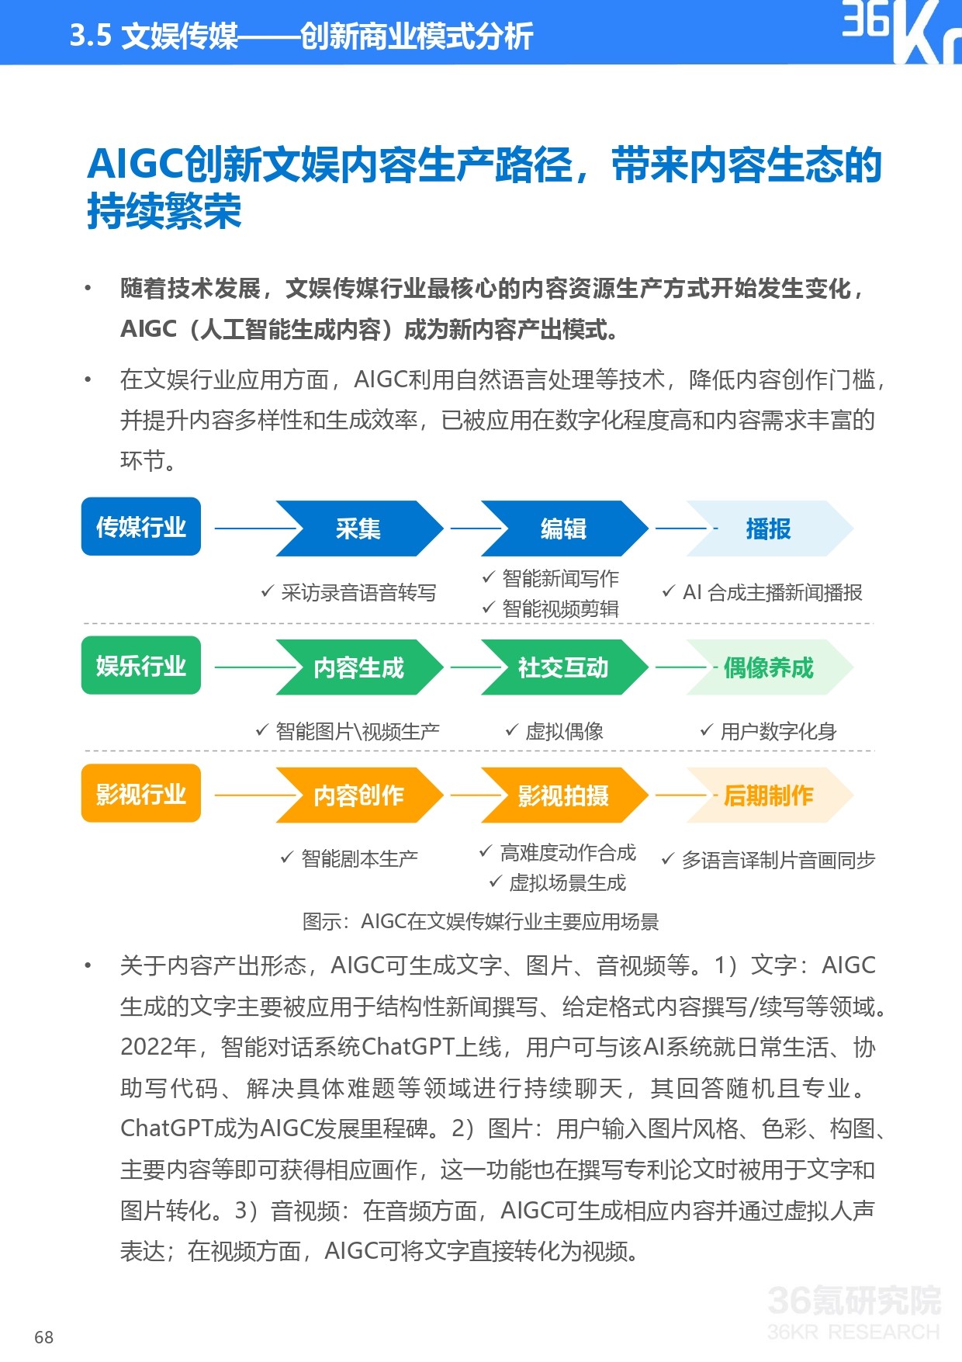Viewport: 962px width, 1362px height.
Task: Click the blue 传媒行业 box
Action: pos(140,527)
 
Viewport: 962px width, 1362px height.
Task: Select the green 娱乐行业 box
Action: pos(140,666)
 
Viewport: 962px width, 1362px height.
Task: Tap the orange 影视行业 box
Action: pos(140,794)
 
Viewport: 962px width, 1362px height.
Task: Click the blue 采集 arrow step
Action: pos(358,529)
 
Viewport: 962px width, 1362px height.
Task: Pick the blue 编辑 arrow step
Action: pos(563,529)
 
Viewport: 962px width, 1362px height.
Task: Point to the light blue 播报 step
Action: pos(768,529)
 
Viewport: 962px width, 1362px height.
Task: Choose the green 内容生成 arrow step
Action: pos(358,667)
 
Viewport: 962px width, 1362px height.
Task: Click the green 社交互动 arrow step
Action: pos(563,667)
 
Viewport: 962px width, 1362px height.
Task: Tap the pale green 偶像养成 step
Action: pos(768,667)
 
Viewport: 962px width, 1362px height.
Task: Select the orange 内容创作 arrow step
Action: pos(358,795)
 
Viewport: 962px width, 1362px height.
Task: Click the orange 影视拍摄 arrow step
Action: pos(563,795)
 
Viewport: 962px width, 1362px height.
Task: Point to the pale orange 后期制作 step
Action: pos(768,795)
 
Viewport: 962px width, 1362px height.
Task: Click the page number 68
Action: pos(44,1337)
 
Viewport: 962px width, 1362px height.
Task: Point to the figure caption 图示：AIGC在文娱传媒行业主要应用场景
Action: pos(480,922)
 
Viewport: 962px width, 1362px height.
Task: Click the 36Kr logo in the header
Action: pos(900,31)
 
